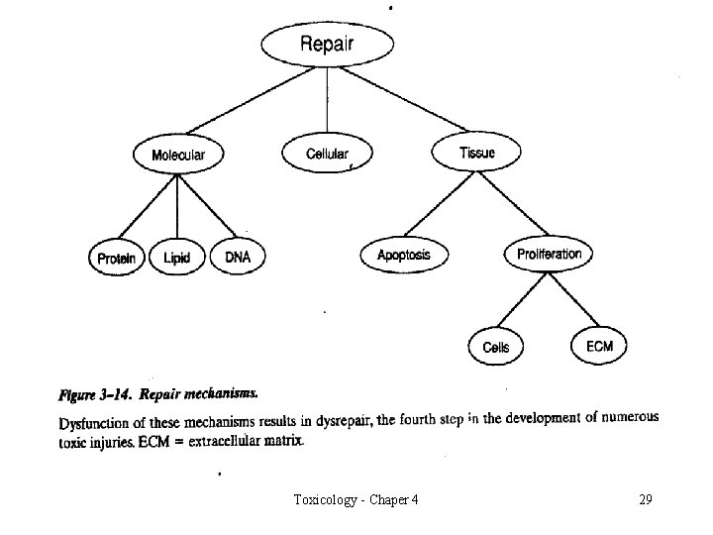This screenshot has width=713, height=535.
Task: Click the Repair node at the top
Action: (327, 45)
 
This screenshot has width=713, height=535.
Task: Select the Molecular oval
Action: (178, 155)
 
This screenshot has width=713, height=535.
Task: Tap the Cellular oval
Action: (327, 154)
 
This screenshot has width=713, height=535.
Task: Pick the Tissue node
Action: (477, 153)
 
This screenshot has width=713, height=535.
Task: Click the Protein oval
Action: (118, 259)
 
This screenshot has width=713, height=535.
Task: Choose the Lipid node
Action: (177, 259)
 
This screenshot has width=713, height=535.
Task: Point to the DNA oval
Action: (238, 258)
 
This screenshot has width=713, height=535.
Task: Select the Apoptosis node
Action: (404, 256)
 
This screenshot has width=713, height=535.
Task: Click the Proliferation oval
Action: (550, 255)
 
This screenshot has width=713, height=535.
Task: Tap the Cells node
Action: (496, 348)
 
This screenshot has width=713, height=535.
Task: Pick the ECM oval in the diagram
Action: (599, 346)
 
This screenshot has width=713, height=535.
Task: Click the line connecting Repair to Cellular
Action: (327, 104)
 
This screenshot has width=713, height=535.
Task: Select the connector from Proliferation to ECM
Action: (573, 299)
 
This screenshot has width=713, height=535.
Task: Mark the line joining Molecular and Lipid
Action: (178, 205)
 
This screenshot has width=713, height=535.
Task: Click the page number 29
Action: (645, 499)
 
